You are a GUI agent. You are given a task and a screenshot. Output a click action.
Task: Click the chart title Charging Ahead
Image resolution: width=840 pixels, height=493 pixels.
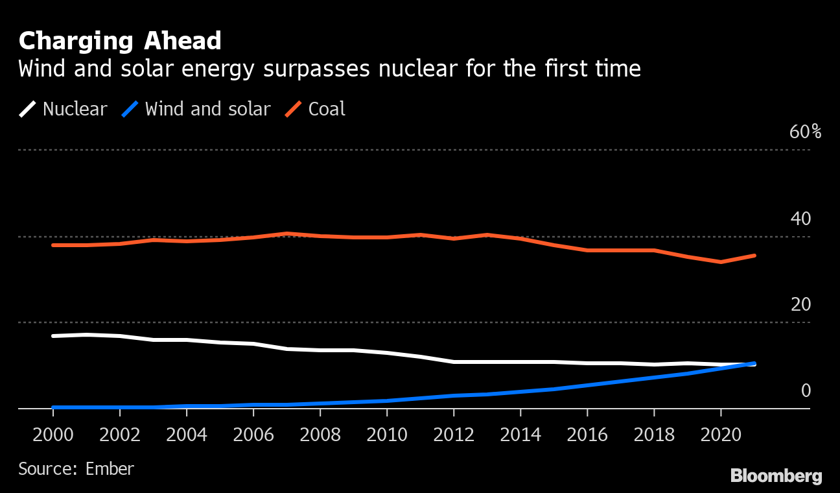point(120,41)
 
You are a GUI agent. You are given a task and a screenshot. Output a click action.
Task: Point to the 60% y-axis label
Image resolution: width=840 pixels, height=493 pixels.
point(805,132)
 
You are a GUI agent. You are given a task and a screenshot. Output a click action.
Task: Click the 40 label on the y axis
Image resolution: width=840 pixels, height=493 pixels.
point(800,219)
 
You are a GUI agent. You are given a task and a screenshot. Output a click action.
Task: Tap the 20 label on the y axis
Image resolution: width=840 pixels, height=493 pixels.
point(800,305)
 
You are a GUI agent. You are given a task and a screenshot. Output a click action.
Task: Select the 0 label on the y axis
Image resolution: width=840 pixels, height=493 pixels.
point(806,391)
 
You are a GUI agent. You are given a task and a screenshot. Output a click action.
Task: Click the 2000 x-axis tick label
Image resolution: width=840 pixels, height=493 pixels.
point(53,434)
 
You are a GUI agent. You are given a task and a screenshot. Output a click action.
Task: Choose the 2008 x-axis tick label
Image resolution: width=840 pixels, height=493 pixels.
point(320,434)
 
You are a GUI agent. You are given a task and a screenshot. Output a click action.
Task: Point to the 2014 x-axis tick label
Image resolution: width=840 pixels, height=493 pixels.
point(520,434)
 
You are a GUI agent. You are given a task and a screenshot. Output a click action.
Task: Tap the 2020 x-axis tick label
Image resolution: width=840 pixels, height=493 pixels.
point(720,434)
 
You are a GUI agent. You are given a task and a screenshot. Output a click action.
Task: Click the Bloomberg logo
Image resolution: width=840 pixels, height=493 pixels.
point(776,476)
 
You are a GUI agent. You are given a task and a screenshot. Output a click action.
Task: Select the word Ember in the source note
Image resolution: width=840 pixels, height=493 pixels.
point(110,468)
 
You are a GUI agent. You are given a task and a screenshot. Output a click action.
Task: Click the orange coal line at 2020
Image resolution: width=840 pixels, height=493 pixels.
point(721,262)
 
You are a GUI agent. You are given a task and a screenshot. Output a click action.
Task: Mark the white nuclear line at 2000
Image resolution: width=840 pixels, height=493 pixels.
point(53,336)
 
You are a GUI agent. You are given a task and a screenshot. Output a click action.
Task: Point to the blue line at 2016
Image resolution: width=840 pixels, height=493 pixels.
point(587,385)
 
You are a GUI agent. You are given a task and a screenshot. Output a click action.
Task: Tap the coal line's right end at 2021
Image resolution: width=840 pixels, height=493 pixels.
point(754,256)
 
